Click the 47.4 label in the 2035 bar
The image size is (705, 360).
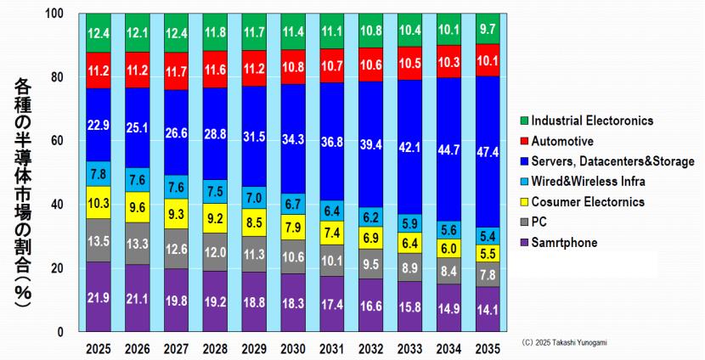pos(488,151)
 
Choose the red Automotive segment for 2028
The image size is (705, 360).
pos(216,70)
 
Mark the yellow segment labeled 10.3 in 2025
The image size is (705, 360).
pos(99,203)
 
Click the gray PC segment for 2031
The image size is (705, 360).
pos(332,261)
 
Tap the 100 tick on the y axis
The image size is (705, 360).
pos(53,14)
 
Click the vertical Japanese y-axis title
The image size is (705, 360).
pos(23,174)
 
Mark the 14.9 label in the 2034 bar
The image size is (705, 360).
pos(449,309)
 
